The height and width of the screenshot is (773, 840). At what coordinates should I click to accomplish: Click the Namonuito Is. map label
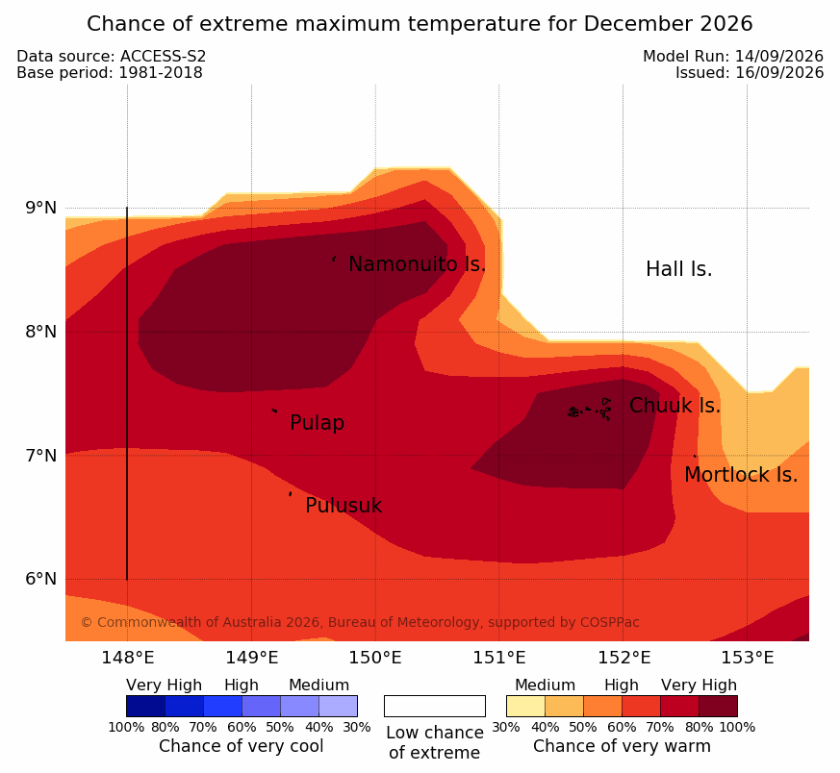pos(417,263)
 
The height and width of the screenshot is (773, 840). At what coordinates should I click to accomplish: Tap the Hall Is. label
pos(678,269)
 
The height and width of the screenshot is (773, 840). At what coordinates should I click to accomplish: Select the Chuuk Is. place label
pos(675,405)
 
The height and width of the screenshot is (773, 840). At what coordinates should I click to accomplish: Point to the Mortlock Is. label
pos(741,474)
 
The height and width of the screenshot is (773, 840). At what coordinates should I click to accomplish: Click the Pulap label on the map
pos(318,423)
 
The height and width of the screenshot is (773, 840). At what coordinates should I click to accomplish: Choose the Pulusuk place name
pos(344,506)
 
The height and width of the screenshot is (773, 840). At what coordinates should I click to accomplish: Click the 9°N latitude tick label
pos(40,207)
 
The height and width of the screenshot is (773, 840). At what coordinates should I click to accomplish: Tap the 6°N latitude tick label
pos(40,579)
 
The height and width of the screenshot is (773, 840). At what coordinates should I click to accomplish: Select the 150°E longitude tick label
pos(375,657)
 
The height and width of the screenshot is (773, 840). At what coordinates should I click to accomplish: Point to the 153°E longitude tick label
pos(748,657)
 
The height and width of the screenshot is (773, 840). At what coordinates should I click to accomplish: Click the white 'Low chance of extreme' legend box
pos(435,706)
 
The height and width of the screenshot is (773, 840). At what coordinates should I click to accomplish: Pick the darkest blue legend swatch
pos(145,706)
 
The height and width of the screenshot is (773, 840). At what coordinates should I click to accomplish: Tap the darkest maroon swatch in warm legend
pos(718,706)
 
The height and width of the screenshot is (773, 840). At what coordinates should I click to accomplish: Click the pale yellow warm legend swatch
pos(525,706)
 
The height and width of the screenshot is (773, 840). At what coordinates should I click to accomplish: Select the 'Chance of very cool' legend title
pos(242,746)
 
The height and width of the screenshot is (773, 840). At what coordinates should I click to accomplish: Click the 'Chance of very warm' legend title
pos(622,746)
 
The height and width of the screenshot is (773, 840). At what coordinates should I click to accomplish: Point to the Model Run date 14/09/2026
pos(779,56)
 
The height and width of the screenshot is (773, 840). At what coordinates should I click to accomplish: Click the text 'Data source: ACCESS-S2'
pos(112,56)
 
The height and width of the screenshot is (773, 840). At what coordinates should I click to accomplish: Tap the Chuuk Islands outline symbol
pos(589,410)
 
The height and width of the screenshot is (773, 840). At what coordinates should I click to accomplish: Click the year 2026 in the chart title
pos(725,24)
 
